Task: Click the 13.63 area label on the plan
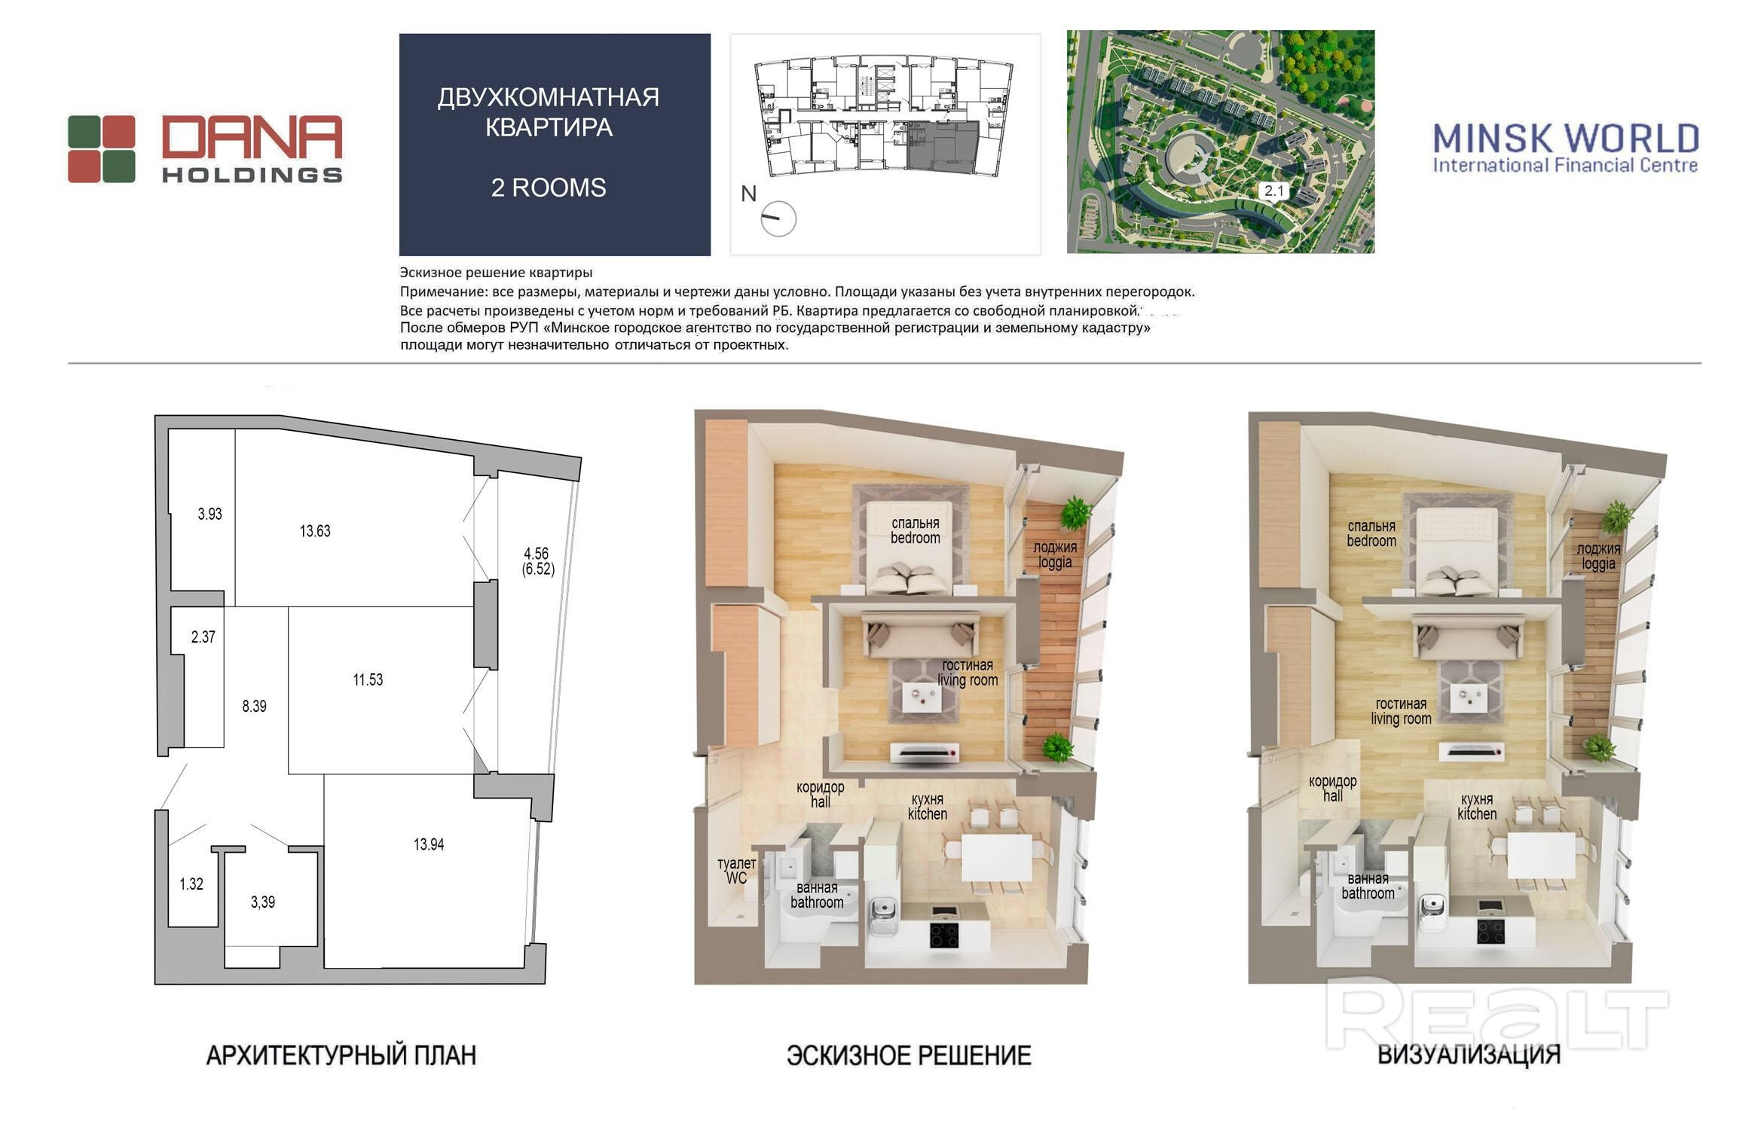click(x=315, y=531)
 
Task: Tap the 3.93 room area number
click(x=209, y=514)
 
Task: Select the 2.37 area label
click(x=203, y=637)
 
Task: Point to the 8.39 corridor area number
click(x=254, y=707)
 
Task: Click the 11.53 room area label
click(x=368, y=679)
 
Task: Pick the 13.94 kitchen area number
click(x=428, y=844)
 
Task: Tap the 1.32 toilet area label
click(x=191, y=884)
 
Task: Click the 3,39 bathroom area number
click(x=262, y=902)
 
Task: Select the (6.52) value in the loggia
click(x=538, y=569)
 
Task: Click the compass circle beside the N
click(x=778, y=219)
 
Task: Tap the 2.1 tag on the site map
click(x=1273, y=191)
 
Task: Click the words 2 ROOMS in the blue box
click(x=549, y=188)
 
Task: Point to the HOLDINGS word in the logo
click(x=252, y=175)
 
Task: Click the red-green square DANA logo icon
click(x=102, y=149)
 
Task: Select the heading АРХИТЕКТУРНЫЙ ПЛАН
click(x=341, y=1055)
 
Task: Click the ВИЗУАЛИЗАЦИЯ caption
click(x=1469, y=1055)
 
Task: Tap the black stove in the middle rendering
click(x=943, y=935)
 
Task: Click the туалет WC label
click(x=736, y=871)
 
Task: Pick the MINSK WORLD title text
click(x=1566, y=139)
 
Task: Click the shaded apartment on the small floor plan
click(x=942, y=147)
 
